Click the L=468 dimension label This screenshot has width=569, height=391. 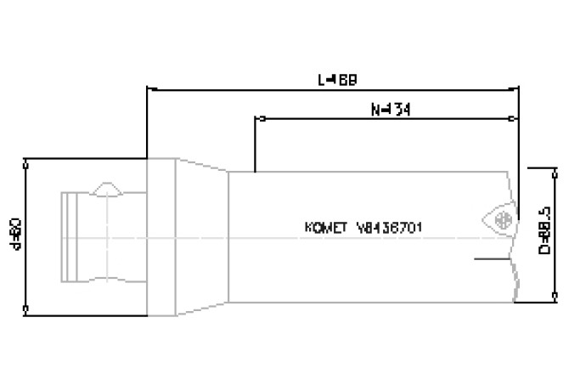pos(337,80)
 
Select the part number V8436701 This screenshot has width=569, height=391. pos(390,228)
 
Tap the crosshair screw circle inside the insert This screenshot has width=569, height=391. pos(501,219)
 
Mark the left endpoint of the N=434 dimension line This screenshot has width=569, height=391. pos(256,118)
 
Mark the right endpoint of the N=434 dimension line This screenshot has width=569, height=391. pos(517,118)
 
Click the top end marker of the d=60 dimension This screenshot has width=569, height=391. pos(27,158)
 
